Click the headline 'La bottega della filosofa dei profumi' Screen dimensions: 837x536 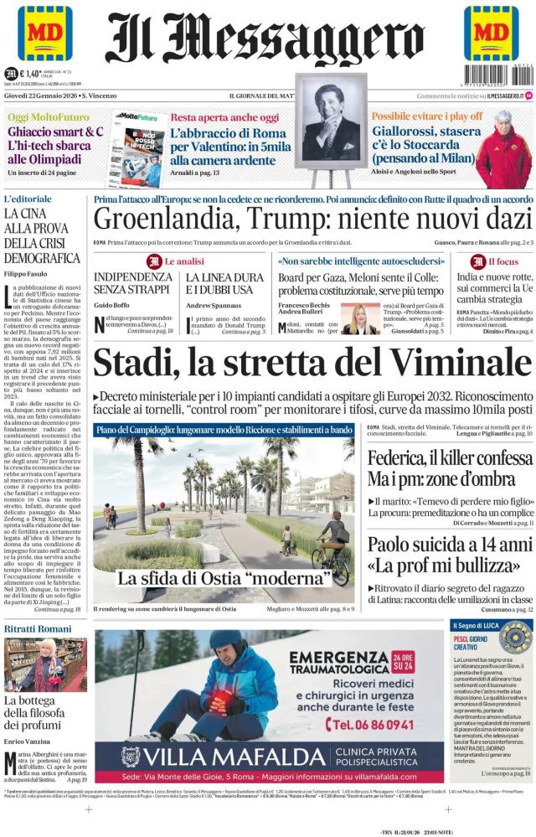42,711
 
